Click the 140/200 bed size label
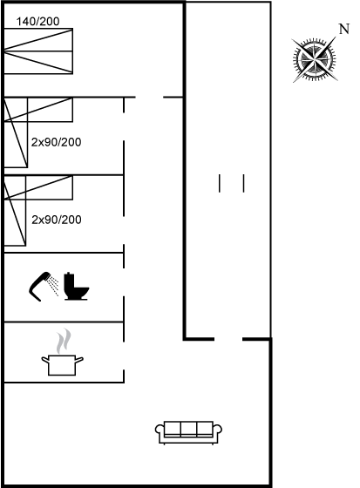coord(37,22)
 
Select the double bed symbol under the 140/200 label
coord(38,51)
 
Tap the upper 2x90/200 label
coord(57,142)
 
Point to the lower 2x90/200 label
coord(57,220)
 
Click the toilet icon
coord(77,287)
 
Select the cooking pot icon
coord(62,365)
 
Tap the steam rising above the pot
coord(64,341)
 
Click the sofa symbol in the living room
coord(189,432)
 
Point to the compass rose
coord(315,59)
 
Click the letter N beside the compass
coord(343,29)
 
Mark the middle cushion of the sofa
coord(189,429)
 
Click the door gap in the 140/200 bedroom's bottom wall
coord(149,98)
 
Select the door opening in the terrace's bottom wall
coord(228,339)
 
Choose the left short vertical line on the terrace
coord(220,183)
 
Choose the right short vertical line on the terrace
coord(244,183)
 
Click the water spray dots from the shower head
coord(53,285)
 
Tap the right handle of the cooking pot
coord(79,360)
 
